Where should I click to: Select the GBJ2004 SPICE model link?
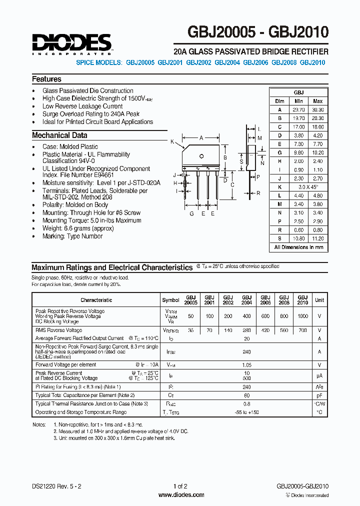point(227,63)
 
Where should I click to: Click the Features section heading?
point(46,79)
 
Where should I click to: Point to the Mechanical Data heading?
point(59,135)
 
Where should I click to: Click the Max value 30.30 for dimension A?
point(317,109)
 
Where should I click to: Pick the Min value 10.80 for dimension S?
point(298,239)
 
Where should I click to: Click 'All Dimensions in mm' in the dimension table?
point(298,247)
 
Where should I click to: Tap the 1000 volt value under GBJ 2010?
point(302,316)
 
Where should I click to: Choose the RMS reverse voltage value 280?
point(246,330)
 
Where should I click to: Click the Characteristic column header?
point(96,300)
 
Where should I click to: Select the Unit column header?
point(319,300)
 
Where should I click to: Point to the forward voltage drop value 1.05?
point(246,365)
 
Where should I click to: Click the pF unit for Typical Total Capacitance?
point(319,395)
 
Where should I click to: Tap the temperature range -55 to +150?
point(246,412)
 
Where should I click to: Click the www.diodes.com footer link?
point(180,495)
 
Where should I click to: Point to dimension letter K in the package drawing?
point(172,142)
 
